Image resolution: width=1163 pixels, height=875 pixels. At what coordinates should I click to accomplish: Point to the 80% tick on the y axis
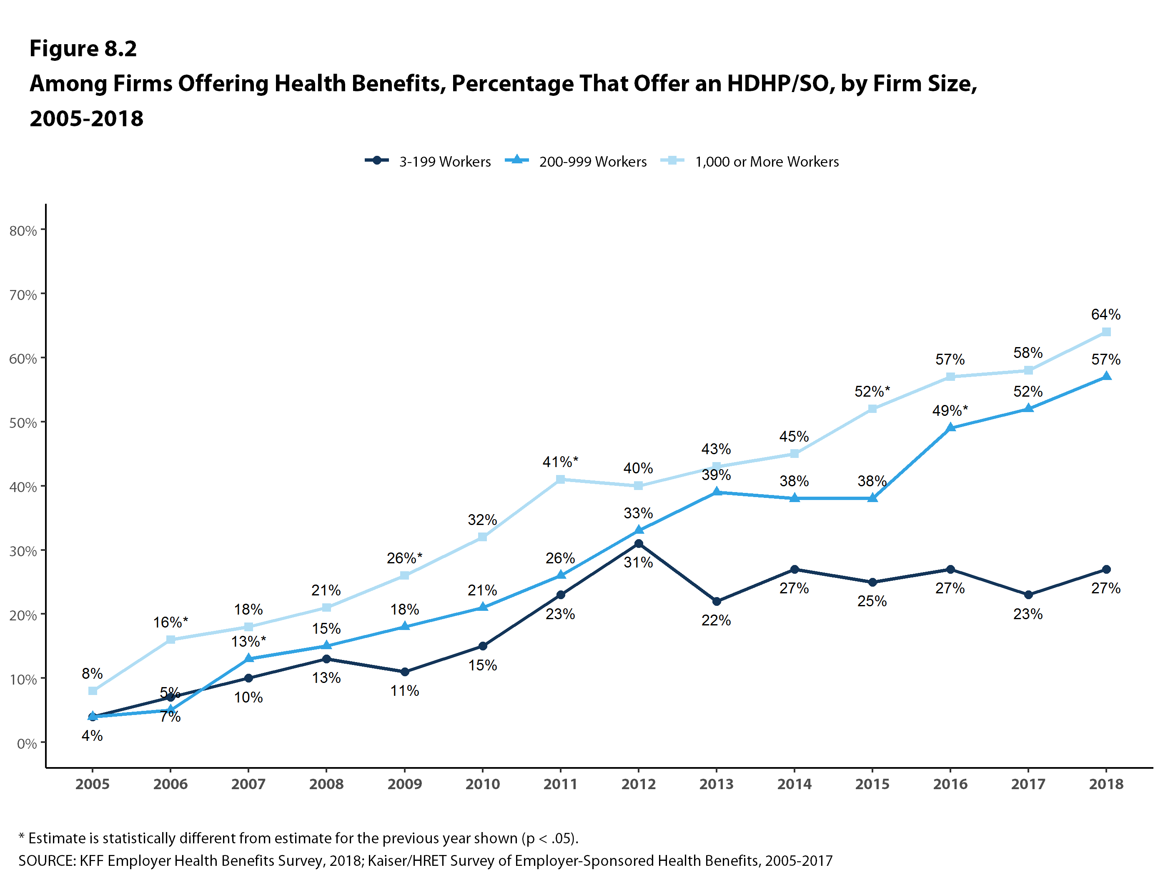23,231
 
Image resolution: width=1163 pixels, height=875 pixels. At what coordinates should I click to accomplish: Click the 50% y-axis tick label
23,423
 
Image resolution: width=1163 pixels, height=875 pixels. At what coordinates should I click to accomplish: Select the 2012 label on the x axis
638,784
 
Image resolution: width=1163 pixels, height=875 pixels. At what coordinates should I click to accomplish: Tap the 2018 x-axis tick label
1106,784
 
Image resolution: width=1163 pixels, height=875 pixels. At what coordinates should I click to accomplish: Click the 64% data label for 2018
1106,314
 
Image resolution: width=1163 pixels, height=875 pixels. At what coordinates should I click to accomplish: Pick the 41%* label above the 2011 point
560,462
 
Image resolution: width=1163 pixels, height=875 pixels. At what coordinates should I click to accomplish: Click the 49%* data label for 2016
950,410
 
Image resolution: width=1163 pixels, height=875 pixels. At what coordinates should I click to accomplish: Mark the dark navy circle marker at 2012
638,544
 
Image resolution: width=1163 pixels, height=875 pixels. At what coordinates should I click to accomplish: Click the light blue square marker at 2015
872,409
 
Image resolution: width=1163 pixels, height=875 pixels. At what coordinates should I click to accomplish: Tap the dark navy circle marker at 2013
716,601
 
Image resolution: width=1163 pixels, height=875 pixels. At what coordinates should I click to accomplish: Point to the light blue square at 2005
93,690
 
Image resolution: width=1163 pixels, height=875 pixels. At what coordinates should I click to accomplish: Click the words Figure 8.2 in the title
83,48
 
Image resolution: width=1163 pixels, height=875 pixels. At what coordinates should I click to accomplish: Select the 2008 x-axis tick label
326,784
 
